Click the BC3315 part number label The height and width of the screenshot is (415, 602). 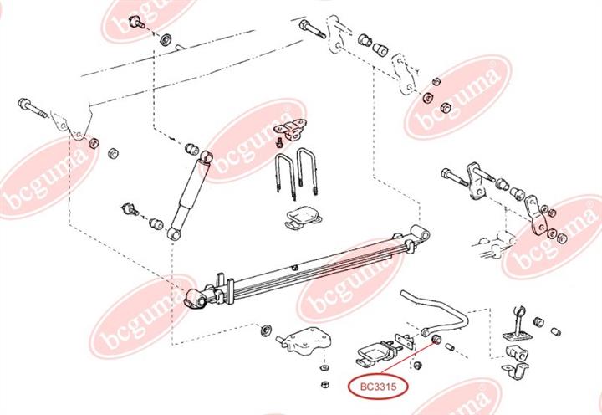click(378, 387)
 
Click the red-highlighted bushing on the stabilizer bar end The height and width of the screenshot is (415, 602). click(437, 339)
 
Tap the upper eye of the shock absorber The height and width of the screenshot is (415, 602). click(207, 156)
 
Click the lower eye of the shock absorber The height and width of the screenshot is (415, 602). click(174, 233)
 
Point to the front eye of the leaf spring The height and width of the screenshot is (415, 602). click(195, 298)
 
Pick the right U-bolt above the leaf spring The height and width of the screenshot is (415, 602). click(308, 171)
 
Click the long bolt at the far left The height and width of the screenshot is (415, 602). click(33, 108)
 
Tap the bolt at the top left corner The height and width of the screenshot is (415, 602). click(136, 23)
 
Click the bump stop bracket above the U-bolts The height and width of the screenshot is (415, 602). click(292, 129)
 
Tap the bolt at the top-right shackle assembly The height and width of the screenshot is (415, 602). click(312, 29)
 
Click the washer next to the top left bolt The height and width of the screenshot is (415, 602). click(166, 39)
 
